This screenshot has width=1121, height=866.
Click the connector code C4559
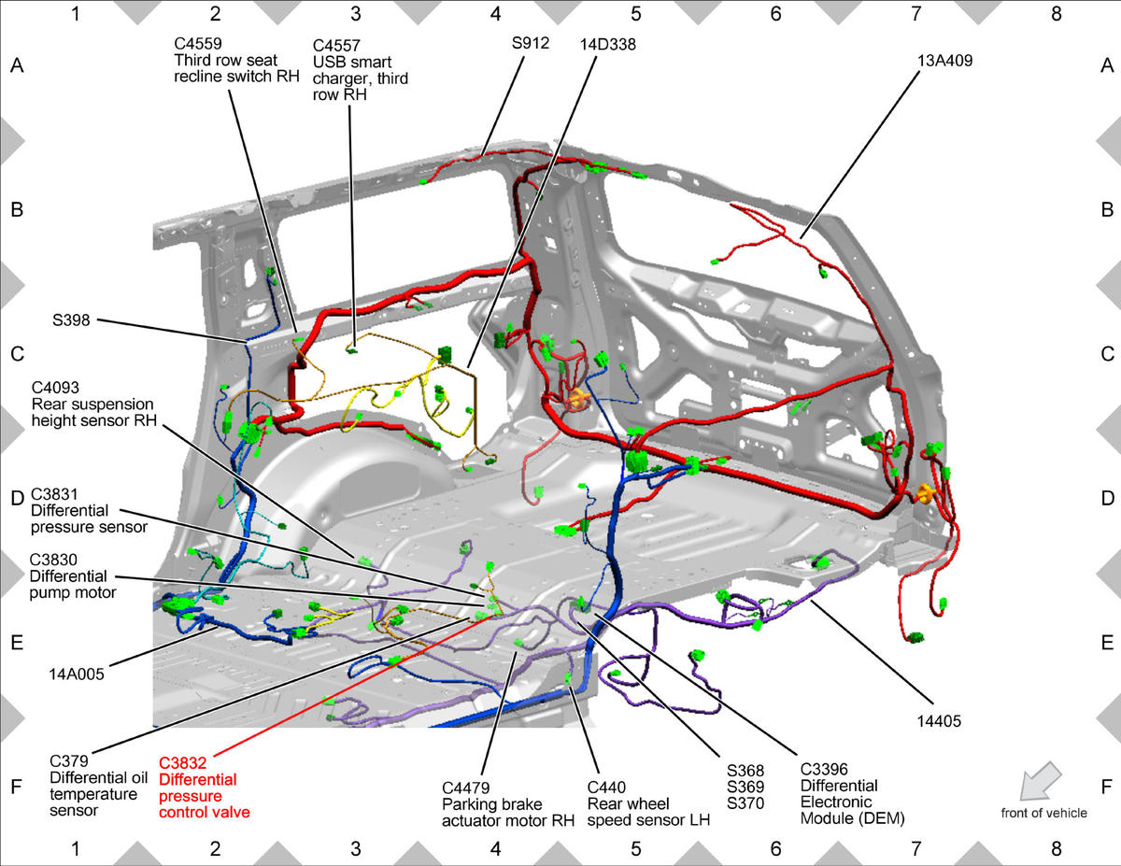tap(198, 43)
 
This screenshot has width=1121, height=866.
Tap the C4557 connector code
tap(336, 46)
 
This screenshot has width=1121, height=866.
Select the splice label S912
tap(531, 43)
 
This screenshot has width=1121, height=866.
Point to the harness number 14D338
tap(608, 44)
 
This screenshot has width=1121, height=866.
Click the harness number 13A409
tap(944, 61)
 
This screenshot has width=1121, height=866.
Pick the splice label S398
tap(71, 319)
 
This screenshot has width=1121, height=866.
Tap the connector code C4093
tap(55, 388)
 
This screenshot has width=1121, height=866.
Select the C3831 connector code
tap(54, 494)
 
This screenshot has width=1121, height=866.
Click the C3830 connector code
tap(53, 560)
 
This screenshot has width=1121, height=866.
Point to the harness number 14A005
tap(77, 674)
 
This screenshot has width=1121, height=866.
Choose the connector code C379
tap(69, 760)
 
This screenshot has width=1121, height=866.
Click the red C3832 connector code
tap(182, 763)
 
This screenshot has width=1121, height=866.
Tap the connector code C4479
tap(466, 788)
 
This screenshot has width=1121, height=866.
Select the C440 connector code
tap(606, 788)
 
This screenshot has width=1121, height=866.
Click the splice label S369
tap(745, 787)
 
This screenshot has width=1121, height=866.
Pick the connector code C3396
tap(824, 769)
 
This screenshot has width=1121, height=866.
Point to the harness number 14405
tap(939, 721)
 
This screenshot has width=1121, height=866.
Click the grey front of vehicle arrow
tap(1040, 780)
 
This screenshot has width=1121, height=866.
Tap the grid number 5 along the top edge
tap(635, 14)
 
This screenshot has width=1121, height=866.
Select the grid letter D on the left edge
tap(17, 498)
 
